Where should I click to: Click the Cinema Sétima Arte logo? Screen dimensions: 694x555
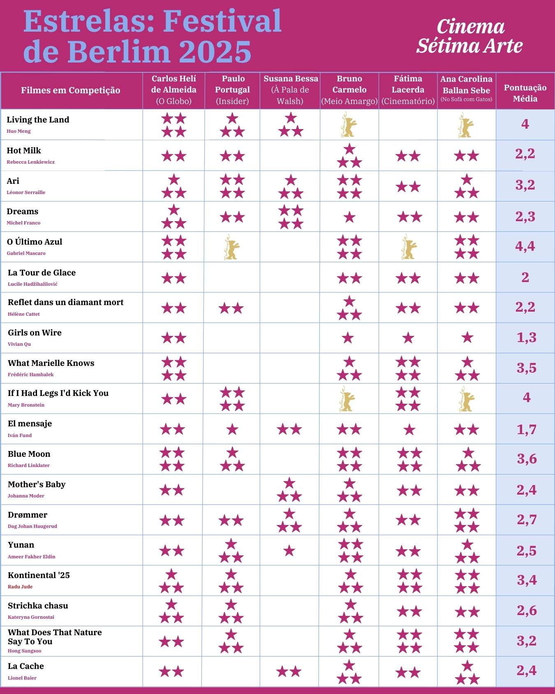(x=469, y=36)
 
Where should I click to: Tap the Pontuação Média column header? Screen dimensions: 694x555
(x=525, y=93)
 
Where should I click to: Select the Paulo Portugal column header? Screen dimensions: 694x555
(x=232, y=90)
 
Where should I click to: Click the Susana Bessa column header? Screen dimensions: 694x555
(x=290, y=90)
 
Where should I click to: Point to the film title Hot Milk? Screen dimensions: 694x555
(x=24, y=150)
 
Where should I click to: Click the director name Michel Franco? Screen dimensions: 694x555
(x=23, y=223)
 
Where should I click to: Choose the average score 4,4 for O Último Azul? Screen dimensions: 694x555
(x=525, y=246)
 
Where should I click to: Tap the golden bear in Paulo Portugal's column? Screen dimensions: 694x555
(x=231, y=248)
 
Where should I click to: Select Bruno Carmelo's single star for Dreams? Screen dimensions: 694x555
(x=349, y=217)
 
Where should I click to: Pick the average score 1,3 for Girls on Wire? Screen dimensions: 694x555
(x=526, y=338)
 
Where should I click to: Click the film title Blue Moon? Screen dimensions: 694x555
(x=29, y=454)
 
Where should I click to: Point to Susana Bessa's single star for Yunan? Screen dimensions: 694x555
(x=289, y=551)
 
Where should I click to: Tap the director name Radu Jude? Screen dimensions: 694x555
(x=20, y=587)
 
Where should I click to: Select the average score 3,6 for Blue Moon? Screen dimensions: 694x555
(x=526, y=459)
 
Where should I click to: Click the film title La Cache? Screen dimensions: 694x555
(x=25, y=666)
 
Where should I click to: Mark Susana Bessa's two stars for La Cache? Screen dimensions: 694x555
(x=289, y=672)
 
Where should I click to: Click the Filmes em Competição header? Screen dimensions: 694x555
(x=71, y=90)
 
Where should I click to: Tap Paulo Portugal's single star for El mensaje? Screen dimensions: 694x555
(x=232, y=430)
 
